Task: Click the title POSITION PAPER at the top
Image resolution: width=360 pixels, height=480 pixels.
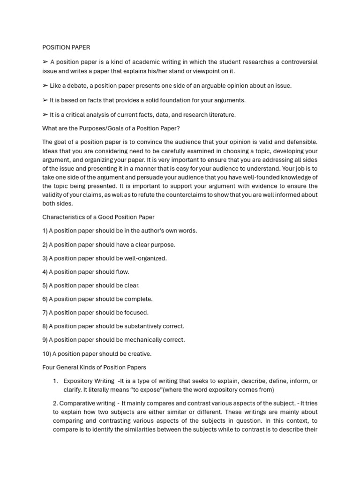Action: (x=66, y=47)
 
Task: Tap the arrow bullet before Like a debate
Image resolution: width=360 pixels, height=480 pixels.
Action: (x=45, y=86)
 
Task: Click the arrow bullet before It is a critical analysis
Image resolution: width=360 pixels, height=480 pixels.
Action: (x=45, y=114)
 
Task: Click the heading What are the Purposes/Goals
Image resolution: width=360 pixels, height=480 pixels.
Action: (x=111, y=128)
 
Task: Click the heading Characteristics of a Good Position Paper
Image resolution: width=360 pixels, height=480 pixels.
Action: (x=98, y=217)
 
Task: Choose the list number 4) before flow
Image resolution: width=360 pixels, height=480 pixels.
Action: (x=45, y=272)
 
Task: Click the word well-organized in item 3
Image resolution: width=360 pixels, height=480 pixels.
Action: (x=146, y=258)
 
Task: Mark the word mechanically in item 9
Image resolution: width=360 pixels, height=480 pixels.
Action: (x=145, y=340)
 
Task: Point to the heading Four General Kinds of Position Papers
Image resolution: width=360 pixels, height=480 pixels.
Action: (x=94, y=367)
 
